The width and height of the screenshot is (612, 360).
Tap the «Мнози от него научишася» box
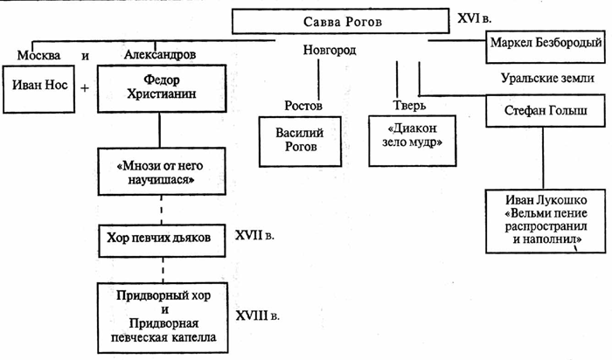click(158, 174)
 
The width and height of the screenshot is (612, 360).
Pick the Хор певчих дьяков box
click(158, 237)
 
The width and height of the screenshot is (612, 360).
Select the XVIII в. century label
click(260, 311)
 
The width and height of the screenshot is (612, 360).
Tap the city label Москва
click(34, 56)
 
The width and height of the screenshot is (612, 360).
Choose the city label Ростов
click(303, 107)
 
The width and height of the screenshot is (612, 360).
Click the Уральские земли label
click(547, 78)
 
